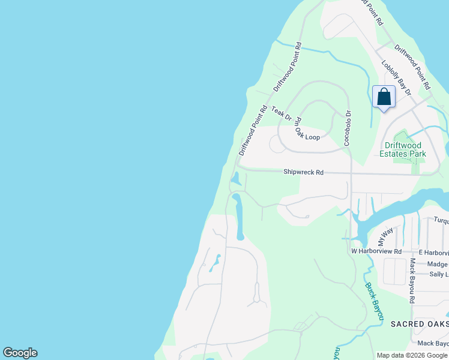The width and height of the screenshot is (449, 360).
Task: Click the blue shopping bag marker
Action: coord(384,97)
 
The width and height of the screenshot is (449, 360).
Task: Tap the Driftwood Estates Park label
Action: coord(403,149)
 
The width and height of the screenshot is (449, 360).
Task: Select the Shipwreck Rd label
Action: coord(303,172)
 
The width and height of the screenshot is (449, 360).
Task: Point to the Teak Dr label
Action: coord(281,112)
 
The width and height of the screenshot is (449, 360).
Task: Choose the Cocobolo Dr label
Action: coord(348,128)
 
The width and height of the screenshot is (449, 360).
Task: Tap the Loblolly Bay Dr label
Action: coord(396,77)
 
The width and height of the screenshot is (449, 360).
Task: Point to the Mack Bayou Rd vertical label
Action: coord(412,280)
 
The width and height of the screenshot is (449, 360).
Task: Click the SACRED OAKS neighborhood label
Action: coord(419,324)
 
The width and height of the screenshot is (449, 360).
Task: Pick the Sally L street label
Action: coord(438,274)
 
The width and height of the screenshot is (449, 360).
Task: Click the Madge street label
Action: coord(438,264)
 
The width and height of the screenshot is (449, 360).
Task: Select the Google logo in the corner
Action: coord(20,353)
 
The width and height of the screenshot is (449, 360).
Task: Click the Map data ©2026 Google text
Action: coord(412,355)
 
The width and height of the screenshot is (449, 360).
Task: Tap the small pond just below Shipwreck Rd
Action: coord(236,178)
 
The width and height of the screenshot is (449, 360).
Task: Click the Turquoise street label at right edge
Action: coord(441,221)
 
